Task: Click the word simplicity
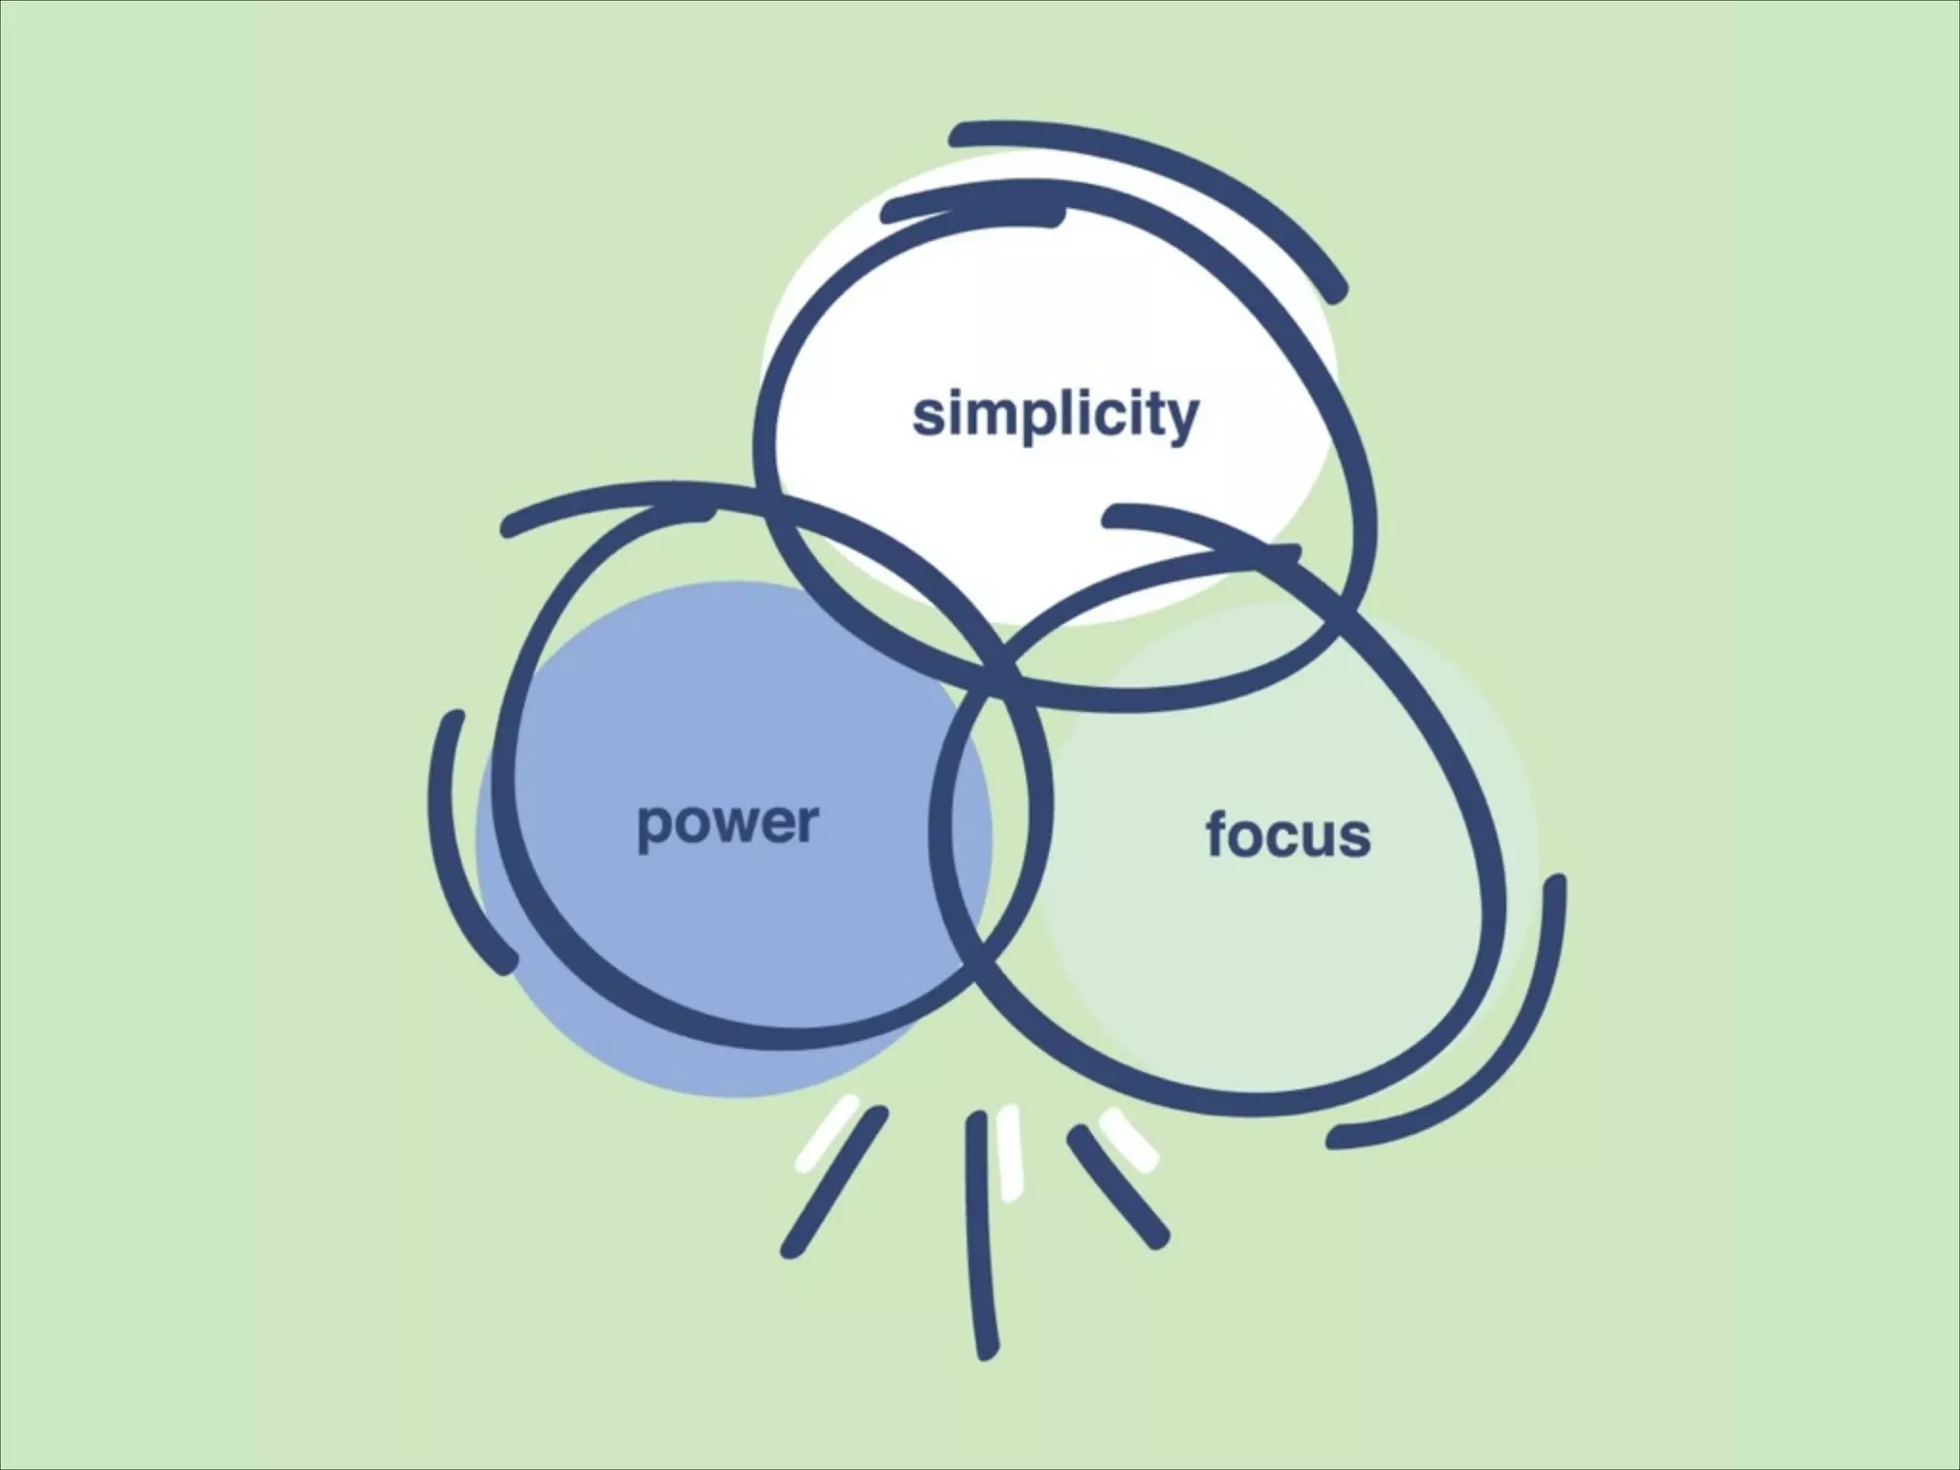[1055, 414]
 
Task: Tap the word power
[727, 823]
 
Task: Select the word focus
[1287, 835]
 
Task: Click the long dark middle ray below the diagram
[983, 1235]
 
